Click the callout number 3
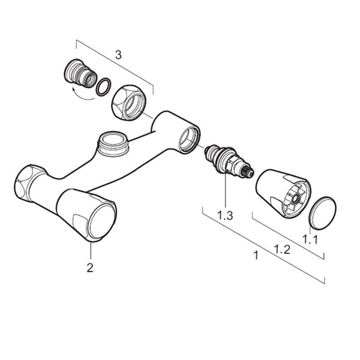tap(118, 55)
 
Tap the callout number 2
tap(90, 268)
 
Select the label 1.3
tap(225, 215)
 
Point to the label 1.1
tap(310, 239)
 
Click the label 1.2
tap(283, 250)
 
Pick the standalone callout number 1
tap(256, 256)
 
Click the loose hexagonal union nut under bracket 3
tap(128, 103)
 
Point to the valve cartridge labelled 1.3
tap(229, 161)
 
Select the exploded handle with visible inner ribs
tap(283, 193)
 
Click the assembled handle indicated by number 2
tap(86, 215)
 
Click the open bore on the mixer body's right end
tap(189, 140)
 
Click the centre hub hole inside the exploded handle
tap(295, 197)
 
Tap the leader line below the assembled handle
tap(91, 251)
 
